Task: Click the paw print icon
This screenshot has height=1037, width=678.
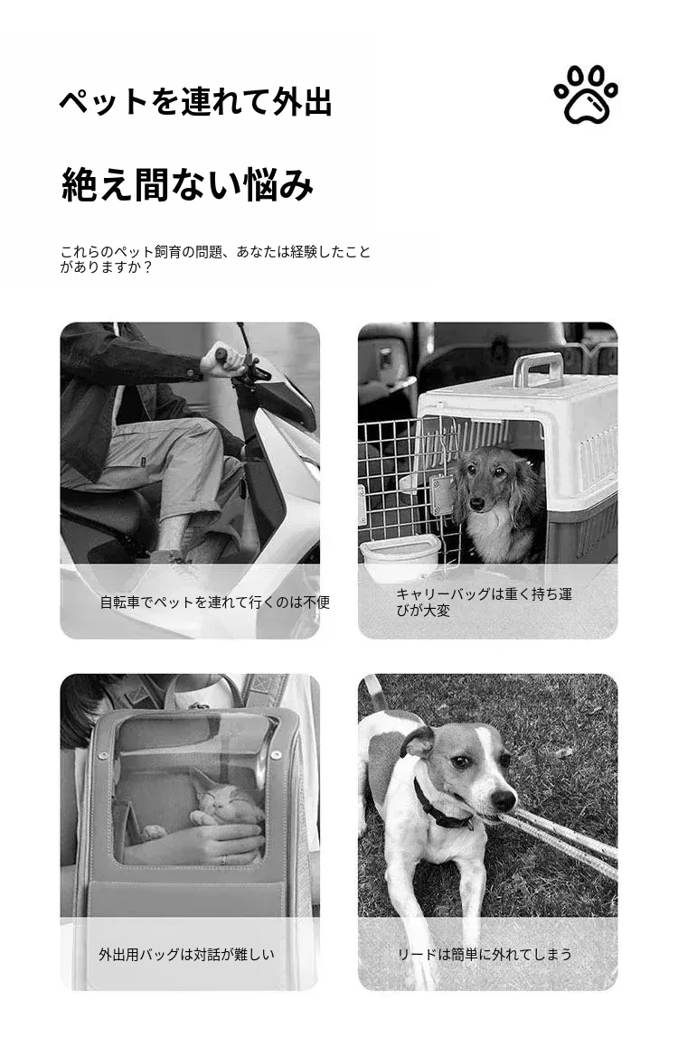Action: click(586, 95)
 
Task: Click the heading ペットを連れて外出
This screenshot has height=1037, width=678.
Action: click(195, 102)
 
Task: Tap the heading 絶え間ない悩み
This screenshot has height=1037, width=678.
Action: click(187, 184)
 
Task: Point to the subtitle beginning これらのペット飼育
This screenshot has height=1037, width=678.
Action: click(215, 259)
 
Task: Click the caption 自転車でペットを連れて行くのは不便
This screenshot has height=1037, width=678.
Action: click(214, 602)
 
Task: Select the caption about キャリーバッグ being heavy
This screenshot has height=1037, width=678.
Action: click(484, 602)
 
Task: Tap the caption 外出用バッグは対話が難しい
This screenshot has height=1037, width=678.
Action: click(187, 954)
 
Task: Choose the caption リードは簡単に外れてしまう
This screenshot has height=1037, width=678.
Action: click(485, 954)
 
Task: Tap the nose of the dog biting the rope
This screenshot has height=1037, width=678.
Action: click(504, 799)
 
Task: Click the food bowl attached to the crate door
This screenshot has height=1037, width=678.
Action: click(400, 556)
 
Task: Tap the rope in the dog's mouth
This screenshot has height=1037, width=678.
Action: click(560, 841)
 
